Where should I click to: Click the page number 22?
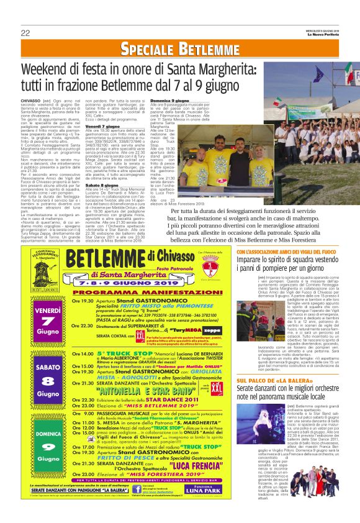(x=25, y=32)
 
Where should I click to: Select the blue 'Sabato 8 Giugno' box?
(x=47, y=371)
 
